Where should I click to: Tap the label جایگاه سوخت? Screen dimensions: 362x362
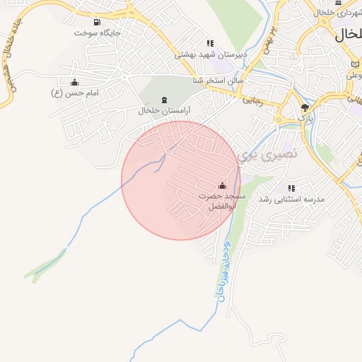point(97,33)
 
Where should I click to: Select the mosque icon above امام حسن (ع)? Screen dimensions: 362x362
point(75,82)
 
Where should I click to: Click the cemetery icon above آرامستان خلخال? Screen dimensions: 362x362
point(165,100)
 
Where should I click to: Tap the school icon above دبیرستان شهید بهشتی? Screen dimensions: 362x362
point(209,43)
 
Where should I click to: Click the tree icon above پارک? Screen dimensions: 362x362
point(305,107)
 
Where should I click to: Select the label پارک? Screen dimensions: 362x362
point(305,118)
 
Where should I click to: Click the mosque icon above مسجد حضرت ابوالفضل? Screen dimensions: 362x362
point(223,185)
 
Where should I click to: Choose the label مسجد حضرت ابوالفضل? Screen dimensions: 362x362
point(221,202)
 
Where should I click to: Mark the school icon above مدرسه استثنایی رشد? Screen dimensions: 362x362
point(291,188)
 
